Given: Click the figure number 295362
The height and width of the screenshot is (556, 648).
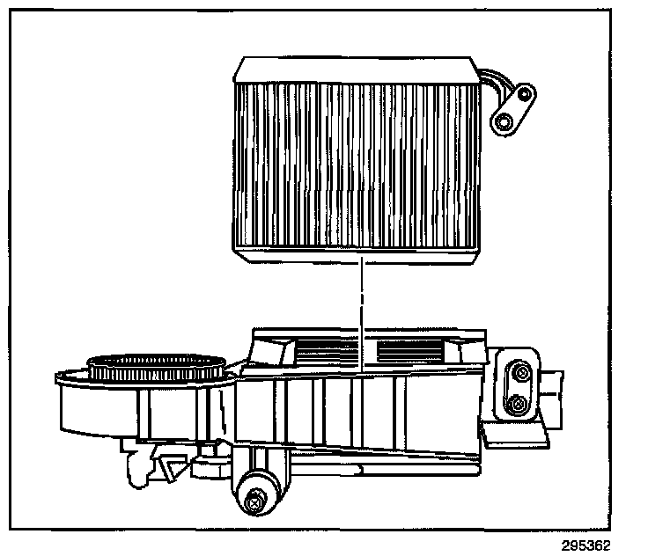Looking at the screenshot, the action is pyautogui.click(x=583, y=545).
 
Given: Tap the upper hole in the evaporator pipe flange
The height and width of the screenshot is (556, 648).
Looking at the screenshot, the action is pyautogui.click(x=526, y=93).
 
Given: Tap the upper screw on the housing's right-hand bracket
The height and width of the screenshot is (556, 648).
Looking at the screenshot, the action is pyautogui.click(x=520, y=376).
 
